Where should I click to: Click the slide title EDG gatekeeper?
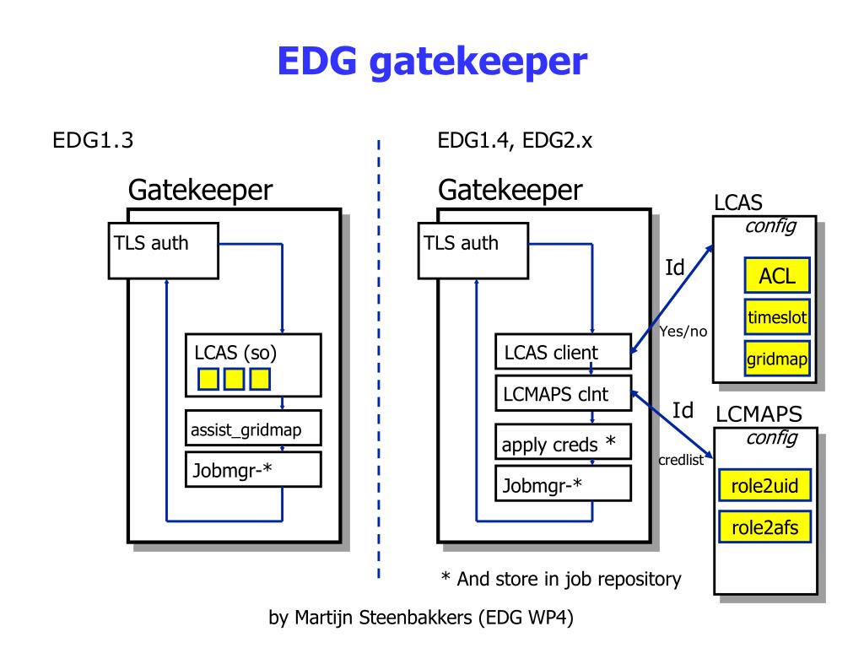click(x=431, y=62)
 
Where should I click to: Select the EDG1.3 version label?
click(x=93, y=140)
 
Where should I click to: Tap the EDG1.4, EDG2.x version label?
click(x=515, y=140)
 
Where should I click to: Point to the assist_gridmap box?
click(x=253, y=430)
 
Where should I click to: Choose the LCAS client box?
click(x=563, y=353)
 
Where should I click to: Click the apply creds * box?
click(x=563, y=442)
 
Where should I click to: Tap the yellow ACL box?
click(x=777, y=276)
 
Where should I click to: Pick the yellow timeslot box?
click(x=777, y=318)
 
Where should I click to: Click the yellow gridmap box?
click(x=777, y=359)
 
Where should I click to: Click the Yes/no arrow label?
click(x=683, y=332)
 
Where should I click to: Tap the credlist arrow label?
click(x=681, y=461)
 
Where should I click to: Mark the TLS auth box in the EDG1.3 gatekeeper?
click(x=164, y=250)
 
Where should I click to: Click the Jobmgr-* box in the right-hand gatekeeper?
click(x=563, y=485)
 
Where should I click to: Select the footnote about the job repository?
click(x=560, y=579)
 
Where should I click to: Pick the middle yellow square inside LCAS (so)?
click(x=234, y=379)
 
